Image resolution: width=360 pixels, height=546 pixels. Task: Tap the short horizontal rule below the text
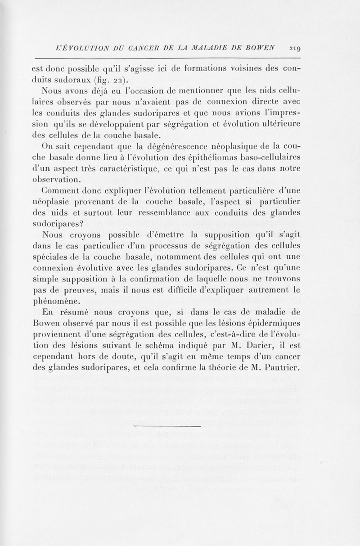click(167, 425)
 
